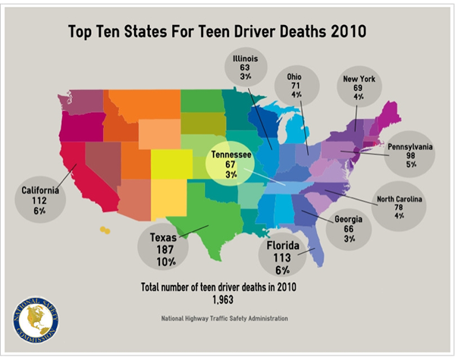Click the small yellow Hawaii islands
coord(104,228)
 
